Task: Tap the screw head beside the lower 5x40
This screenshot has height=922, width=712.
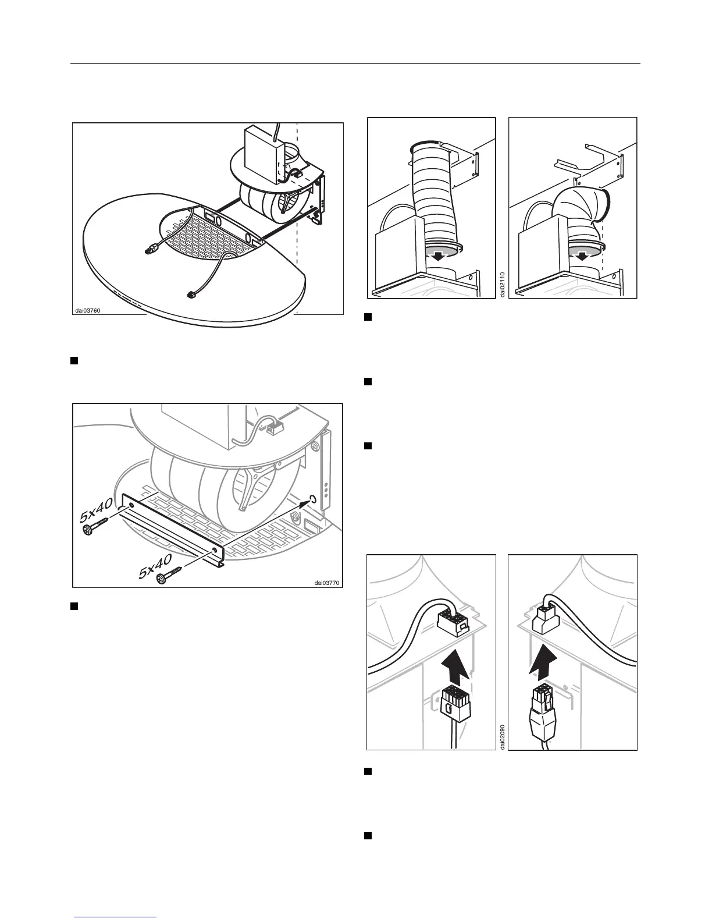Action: click(x=162, y=578)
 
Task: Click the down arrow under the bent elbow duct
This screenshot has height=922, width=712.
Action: click(x=581, y=255)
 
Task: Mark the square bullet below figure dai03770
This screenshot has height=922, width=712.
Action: click(x=74, y=607)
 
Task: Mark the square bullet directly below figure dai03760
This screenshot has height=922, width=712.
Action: click(x=74, y=361)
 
